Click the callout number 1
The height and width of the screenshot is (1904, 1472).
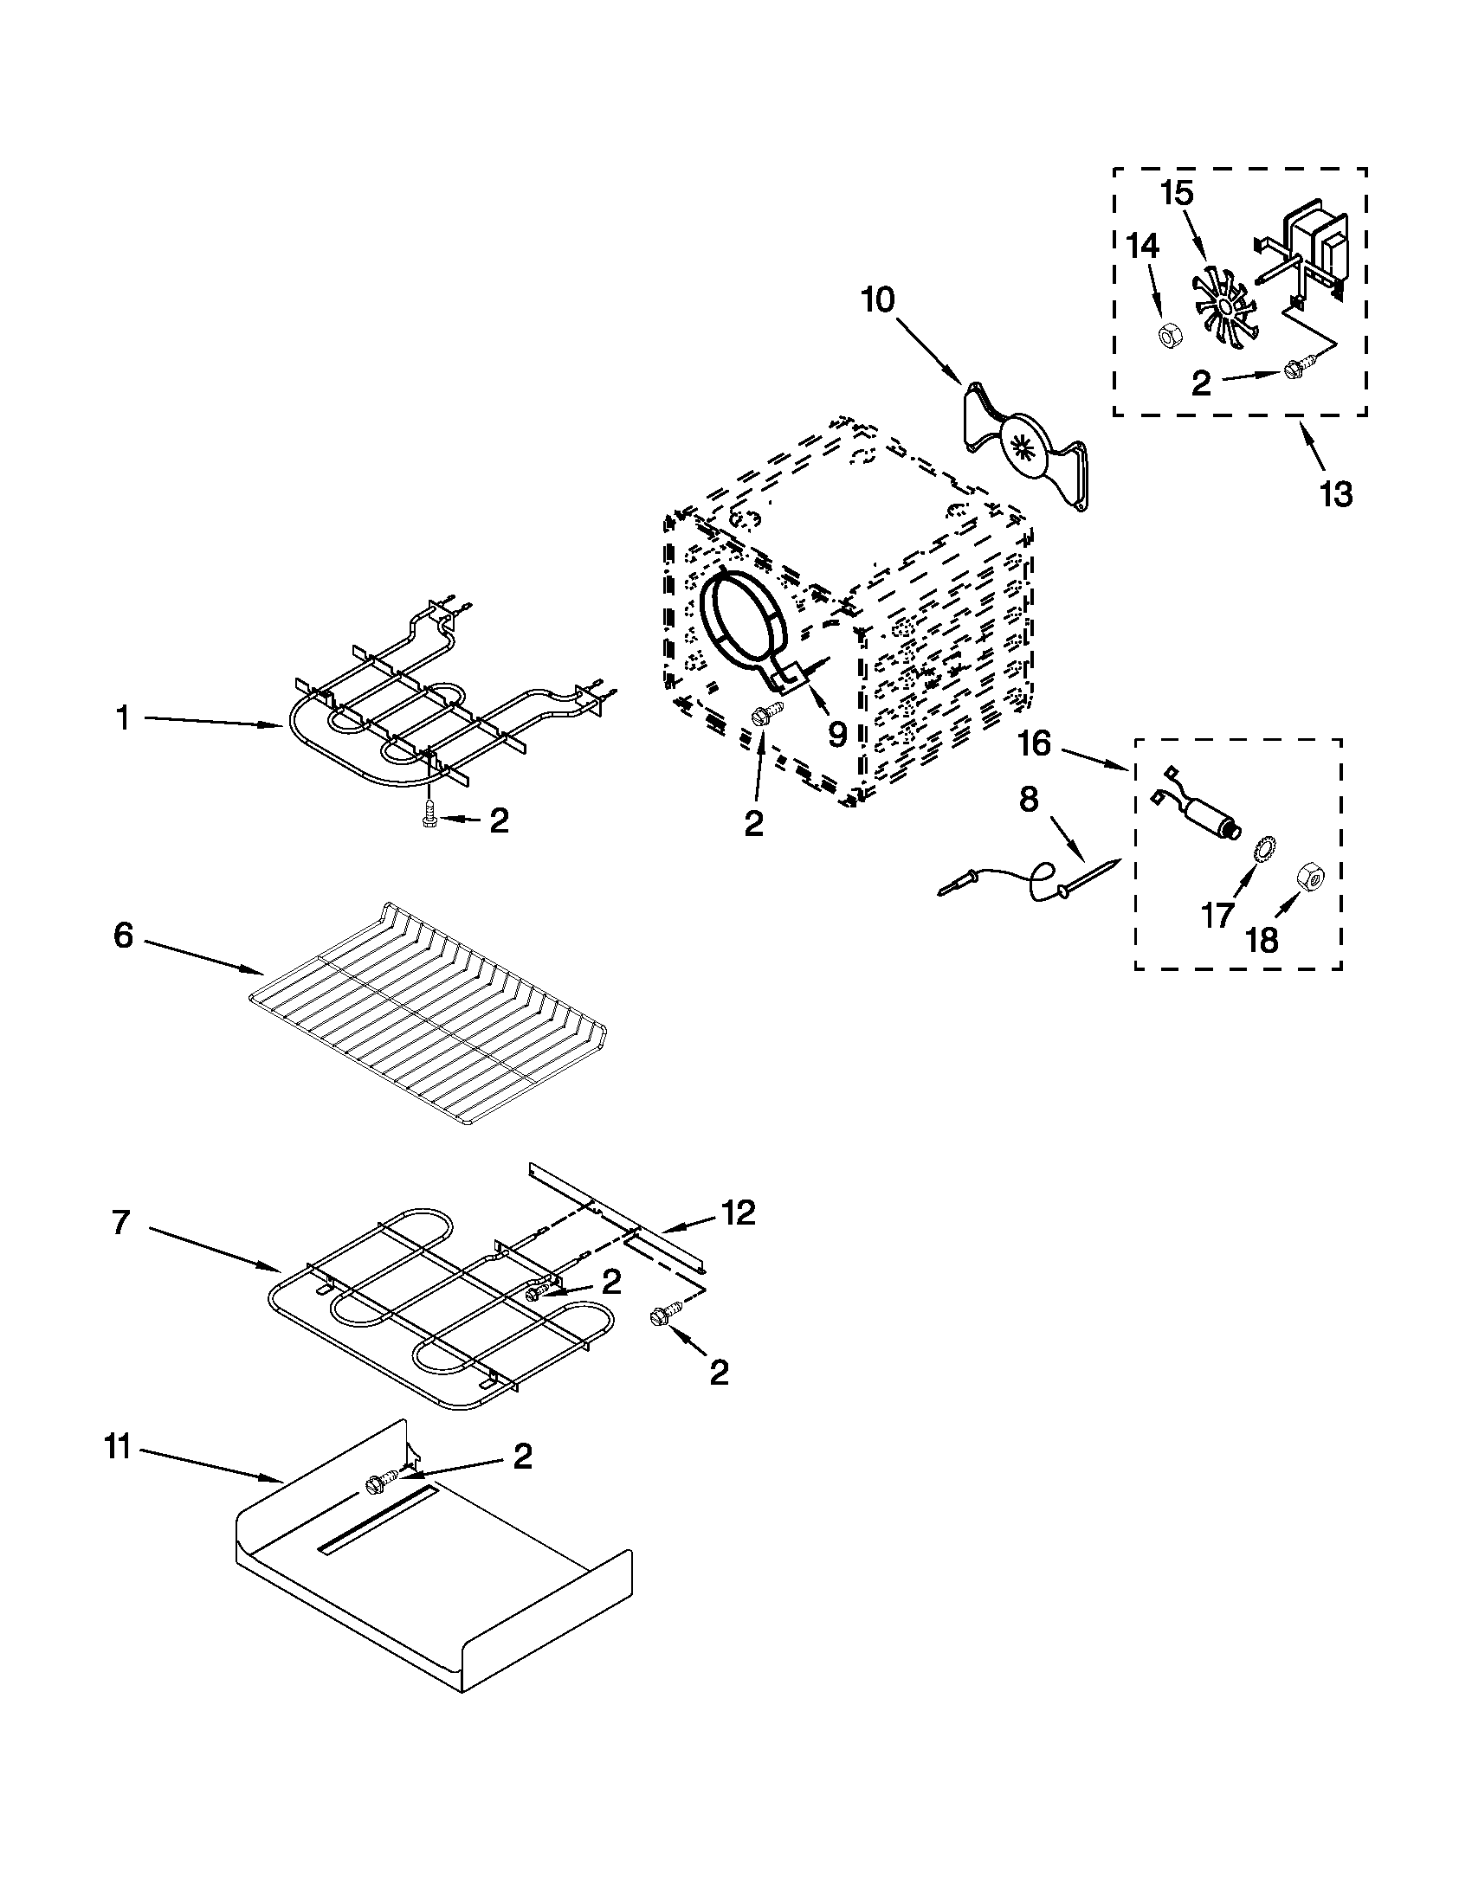(x=123, y=718)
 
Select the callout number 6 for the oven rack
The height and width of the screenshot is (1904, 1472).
(x=124, y=936)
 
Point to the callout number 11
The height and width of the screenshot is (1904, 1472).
(x=117, y=1447)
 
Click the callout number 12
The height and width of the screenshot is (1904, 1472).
(x=738, y=1213)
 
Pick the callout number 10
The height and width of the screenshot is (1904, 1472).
(x=877, y=300)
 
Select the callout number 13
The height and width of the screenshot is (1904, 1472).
(x=1336, y=494)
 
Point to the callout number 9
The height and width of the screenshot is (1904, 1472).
(x=837, y=734)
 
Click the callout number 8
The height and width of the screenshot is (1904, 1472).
(x=1029, y=799)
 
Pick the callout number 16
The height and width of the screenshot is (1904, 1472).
(x=1034, y=744)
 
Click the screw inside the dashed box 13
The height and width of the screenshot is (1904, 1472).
(x=1293, y=371)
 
